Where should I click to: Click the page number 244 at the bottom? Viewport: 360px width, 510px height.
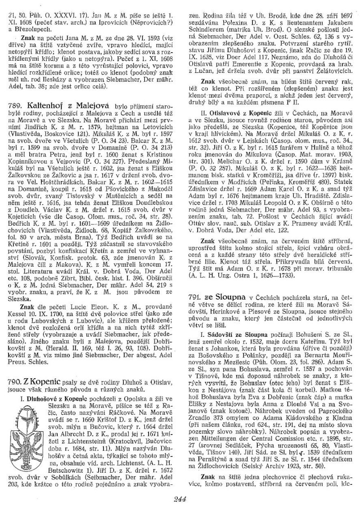tap(180, 497)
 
